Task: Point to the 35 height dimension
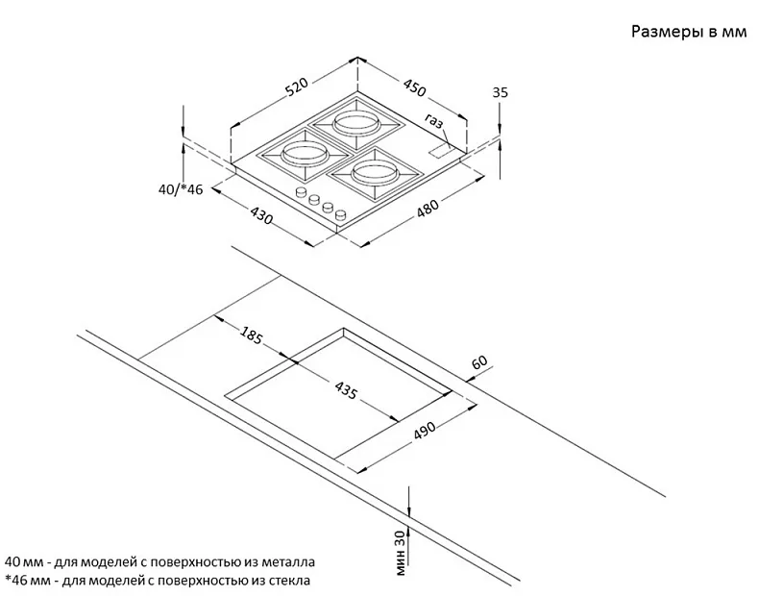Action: [x=499, y=92]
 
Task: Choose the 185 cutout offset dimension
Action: [x=250, y=336]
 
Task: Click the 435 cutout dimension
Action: [x=346, y=391]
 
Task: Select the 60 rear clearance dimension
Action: [x=479, y=362]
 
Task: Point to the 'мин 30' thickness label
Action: [x=400, y=552]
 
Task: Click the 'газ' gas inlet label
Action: [x=435, y=122]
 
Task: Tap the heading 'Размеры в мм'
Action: [x=687, y=33]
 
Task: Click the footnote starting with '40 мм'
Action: [x=159, y=561]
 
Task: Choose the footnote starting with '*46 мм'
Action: [x=158, y=581]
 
